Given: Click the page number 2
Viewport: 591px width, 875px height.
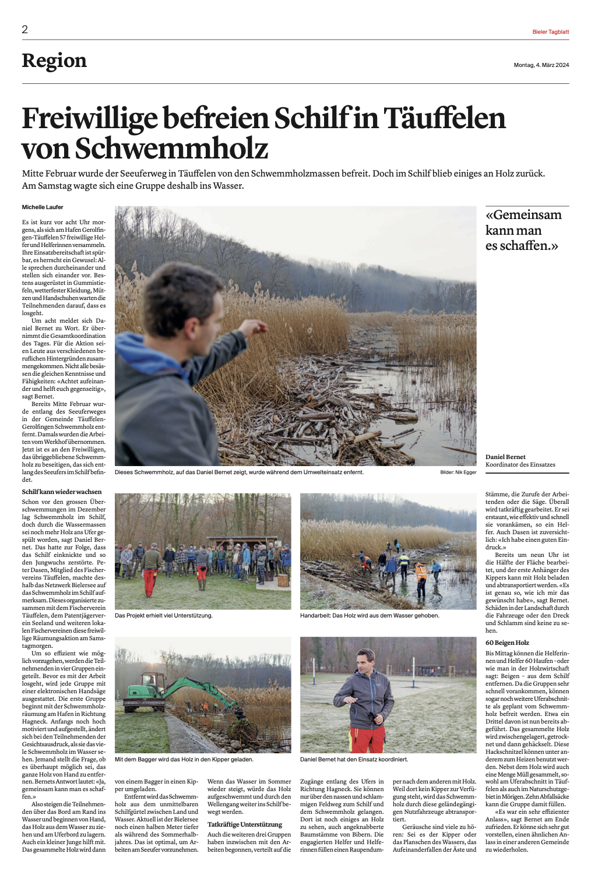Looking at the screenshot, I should pyautogui.click(x=25, y=30).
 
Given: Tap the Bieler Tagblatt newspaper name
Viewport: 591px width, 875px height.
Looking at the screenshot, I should pyautogui.click(x=550, y=32).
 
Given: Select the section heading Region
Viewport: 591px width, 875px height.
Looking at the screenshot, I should pyautogui.click(x=54, y=61).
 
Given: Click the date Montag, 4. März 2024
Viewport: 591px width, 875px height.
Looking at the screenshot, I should pyautogui.click(x=541, y=65).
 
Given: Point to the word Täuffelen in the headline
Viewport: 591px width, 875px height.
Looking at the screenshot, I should pyautogui.click(x=444, y=118).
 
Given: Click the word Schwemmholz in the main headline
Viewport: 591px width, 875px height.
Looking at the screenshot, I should pyautogui.click(x=171, y=149).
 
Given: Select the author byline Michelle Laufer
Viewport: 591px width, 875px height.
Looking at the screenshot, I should pyautogui.click(x=43, y=207).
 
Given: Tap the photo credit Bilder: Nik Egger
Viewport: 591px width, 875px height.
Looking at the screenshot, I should pyautogui.click(x=458, y=472).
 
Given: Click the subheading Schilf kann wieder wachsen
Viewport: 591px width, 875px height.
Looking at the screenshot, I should pyautogui.click(x=62, y=492).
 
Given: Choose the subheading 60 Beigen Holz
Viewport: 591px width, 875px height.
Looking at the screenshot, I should pyautogui.click(x=507, y=643).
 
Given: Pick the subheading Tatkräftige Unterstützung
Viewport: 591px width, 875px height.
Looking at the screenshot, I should pyautogui.click(x=245, y=825).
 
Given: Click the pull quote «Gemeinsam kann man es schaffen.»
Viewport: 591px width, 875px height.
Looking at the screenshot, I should pyautogui.click(x=523, y=230).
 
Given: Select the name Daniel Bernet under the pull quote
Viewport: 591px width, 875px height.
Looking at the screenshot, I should pyautogui.click(x=505, y=457).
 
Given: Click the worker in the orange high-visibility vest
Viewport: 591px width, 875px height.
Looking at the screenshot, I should pyautogui.click(x=421, y=573).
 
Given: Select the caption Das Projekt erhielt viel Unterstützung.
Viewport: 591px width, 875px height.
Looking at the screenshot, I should pyautogui.click(x=164, y=616).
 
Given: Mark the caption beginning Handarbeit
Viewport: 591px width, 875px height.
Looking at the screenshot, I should pyautogui.click(x=370, y=616).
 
